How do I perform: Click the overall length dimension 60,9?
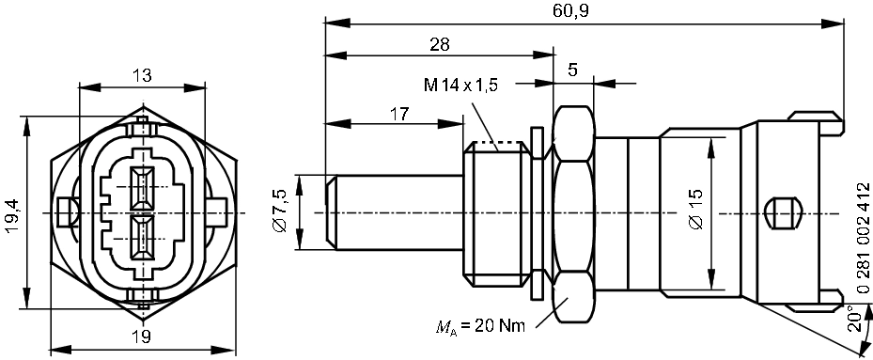(574, 10)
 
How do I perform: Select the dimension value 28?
(438, 44)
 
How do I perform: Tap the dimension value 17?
(399, 113)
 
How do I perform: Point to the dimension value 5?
(572, 69)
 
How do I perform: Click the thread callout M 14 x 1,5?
(460, 86)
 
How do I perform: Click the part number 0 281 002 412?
(862, 215)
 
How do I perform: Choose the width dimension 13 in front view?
(142, 76)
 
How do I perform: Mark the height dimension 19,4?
(10, 212)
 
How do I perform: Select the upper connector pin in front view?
(143, 188)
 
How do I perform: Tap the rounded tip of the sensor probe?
(330, 212)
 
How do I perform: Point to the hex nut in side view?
(572, 212)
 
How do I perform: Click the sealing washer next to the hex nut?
(538, 212)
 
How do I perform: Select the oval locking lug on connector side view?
(781, 212)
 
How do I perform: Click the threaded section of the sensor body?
(494, 212)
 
